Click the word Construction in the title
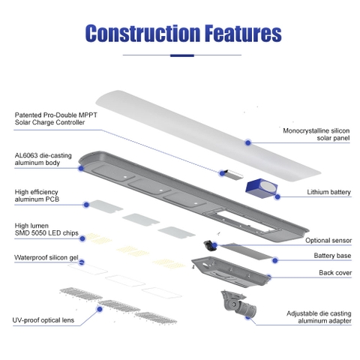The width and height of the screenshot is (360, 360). tap(142, 33)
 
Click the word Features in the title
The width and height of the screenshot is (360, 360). tap(243, 33)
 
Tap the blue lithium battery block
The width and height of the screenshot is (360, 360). tap(261, 188)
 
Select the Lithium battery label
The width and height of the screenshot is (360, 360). tap(328, 192)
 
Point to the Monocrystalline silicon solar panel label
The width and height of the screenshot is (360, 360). tap(316, 134)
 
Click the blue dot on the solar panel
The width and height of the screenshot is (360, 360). tap(247, 142)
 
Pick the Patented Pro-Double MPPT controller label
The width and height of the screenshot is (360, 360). tap(56, 118)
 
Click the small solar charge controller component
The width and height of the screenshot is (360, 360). tap(233, 174)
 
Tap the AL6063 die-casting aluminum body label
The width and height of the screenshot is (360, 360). tap(43, 159)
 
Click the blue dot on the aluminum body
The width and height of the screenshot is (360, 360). tap(81, 168)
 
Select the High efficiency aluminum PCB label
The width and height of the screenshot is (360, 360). tap(37, 196)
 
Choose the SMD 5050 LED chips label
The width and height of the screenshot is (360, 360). tap(46, 229)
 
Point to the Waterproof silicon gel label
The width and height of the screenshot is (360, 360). tap(46, 257)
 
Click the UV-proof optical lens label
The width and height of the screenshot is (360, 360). tap(43, 320)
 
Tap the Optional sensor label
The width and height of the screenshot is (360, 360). tap(328, 241)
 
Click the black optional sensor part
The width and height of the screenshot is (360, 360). tap(208, 245)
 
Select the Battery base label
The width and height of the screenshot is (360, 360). tap(332, 256)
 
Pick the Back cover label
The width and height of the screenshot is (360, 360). tap(335, 273)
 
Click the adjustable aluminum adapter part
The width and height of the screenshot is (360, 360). tap(238, 304)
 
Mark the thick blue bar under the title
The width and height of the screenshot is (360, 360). tap(182, 55)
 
